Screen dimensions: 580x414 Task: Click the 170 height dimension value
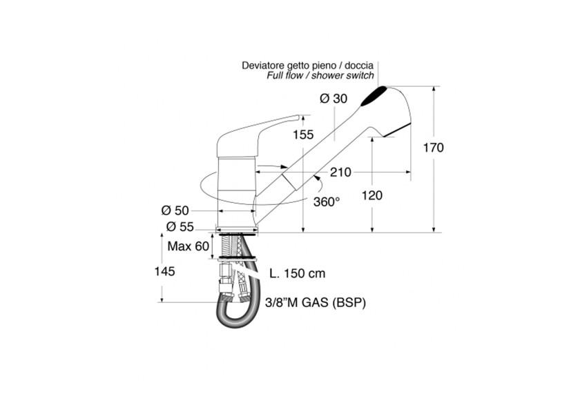pos(433,148)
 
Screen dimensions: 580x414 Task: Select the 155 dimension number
pos(303,135)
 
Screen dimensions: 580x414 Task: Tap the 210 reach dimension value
pos(340,172)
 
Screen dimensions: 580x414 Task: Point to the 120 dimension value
pos(372,195)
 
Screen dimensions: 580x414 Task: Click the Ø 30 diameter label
pos(333,99)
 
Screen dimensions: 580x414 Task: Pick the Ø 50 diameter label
pos(175,210)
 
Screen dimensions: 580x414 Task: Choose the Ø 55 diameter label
pos(180,226)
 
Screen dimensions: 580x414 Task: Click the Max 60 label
pos(188,246)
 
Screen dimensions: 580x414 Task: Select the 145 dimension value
pos(164,272)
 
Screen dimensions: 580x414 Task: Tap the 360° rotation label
pos(327,201)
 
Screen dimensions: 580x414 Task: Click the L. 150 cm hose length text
pos(298,273)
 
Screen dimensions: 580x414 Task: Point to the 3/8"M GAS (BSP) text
pos(316,303)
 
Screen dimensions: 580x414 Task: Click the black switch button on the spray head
pos(374,96)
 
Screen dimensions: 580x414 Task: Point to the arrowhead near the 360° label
pos(317,179)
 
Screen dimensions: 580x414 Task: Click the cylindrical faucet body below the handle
pos(237,193)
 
